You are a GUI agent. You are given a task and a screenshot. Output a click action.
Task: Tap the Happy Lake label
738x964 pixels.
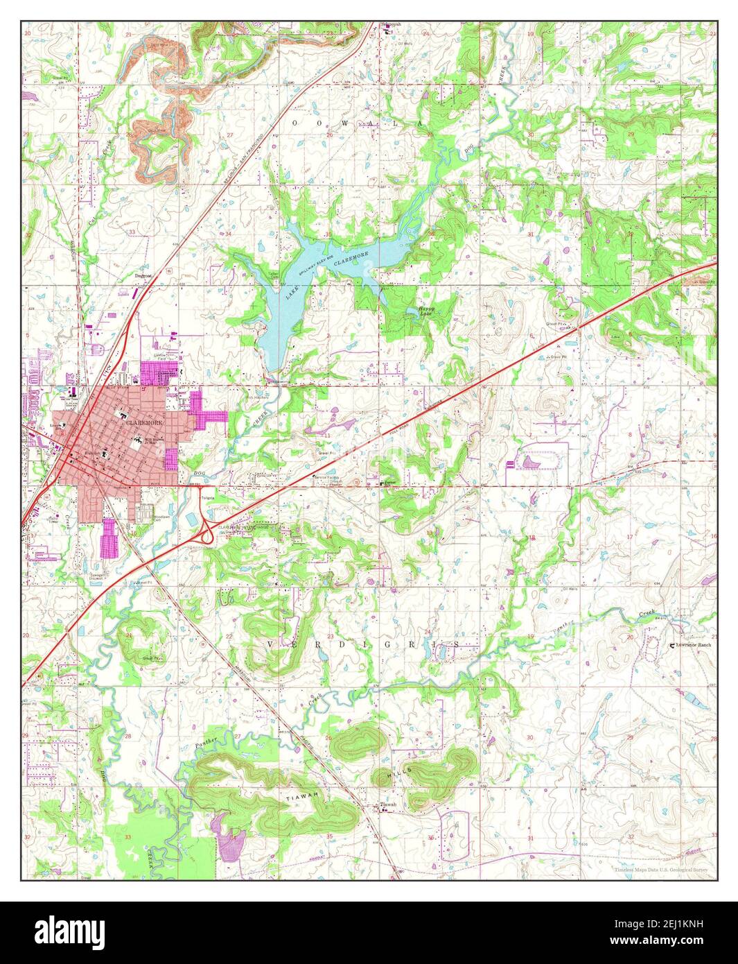tap(426, 311)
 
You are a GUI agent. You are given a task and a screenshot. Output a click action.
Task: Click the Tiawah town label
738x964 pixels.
tap(389, 805)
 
